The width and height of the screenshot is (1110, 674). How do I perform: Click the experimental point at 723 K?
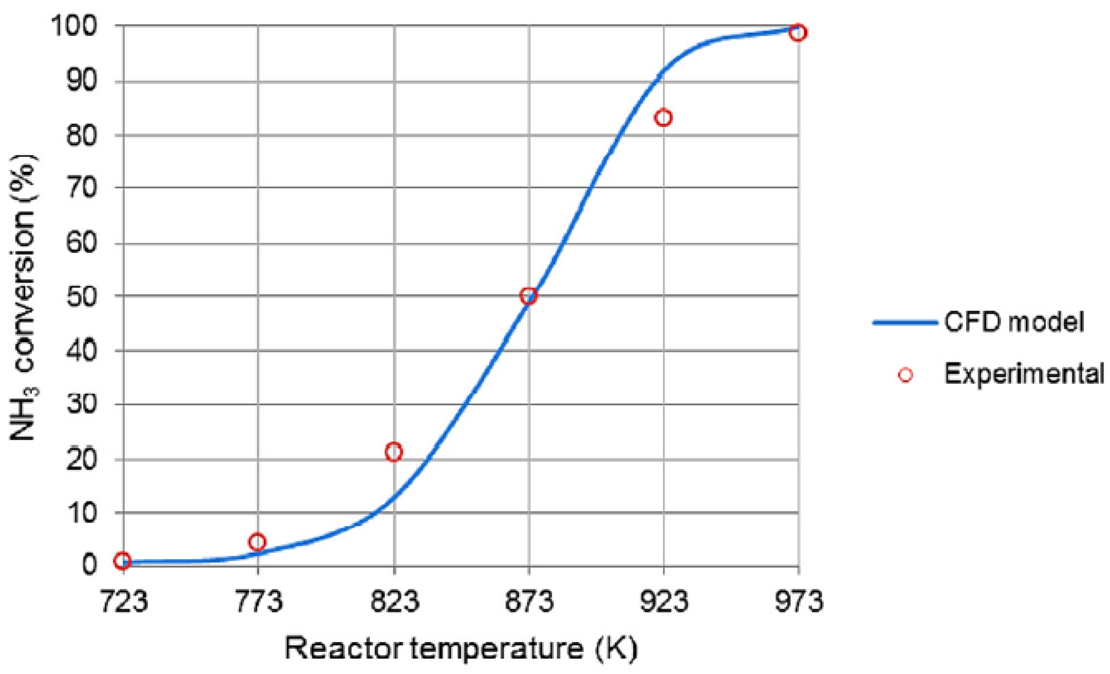122,560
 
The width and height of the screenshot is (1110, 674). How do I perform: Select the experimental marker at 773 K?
257,541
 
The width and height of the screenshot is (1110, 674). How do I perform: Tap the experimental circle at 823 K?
393,452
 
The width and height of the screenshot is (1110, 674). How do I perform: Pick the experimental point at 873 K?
528,296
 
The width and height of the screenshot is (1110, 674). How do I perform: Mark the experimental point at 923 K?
664,118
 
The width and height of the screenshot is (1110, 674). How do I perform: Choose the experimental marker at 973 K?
798,33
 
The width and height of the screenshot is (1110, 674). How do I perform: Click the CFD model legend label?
1014,322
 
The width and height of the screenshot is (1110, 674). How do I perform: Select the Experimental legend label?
1024,374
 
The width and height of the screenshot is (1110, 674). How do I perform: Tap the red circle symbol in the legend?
905,375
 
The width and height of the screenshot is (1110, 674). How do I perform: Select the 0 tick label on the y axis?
89,564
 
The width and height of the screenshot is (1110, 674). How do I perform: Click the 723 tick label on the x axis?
123,600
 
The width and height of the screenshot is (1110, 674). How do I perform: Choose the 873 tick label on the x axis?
529,600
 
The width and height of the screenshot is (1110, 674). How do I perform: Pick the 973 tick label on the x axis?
799,600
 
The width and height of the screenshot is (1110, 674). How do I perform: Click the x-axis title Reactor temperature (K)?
461,648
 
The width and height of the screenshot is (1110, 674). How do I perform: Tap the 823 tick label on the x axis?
395,600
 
